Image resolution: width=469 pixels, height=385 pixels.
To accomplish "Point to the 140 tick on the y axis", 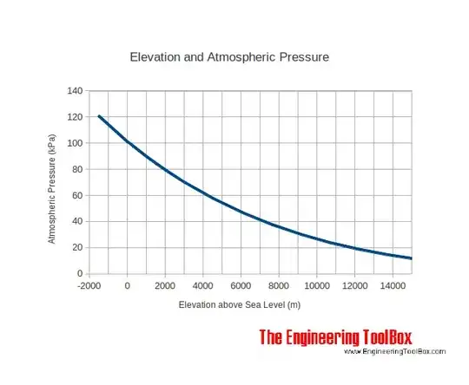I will (75, 91).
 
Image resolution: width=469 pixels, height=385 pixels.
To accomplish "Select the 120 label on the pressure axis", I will (75, 117).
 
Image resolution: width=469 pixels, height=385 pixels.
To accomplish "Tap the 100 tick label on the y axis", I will (75, 143).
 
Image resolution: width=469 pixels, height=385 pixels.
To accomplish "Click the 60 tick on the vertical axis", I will (77, 195).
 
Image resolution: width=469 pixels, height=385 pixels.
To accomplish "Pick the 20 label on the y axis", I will (77, 247).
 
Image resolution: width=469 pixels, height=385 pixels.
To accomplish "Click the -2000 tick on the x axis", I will (90, 285).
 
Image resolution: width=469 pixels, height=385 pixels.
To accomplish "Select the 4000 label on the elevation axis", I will (203, 285).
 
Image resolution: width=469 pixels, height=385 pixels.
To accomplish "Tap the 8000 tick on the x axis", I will (279, 285).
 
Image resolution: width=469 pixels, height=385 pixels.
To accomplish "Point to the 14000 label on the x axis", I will (392, 285).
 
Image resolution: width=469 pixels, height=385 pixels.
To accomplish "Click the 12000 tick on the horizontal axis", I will (354, 285).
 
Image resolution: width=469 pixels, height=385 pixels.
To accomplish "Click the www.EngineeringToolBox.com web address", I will (394, 351).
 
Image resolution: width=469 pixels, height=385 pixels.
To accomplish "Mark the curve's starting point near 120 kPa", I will (99, 116).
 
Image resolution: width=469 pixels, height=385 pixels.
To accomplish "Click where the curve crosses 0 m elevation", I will (128, 141).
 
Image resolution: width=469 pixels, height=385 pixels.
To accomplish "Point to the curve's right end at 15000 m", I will (411, 258).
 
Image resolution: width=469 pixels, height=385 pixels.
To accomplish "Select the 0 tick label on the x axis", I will (128, 285).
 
